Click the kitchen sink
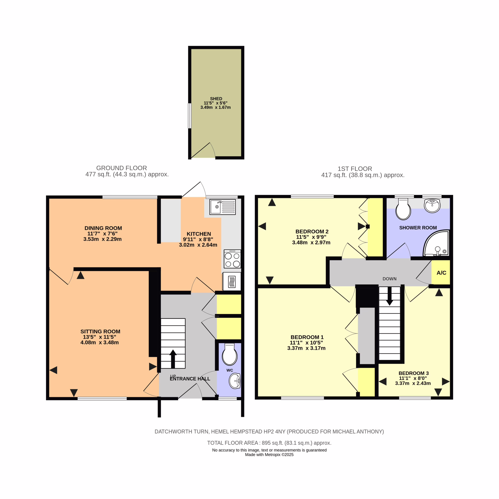223,207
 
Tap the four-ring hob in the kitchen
232,259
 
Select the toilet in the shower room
403,209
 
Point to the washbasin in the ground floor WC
235,381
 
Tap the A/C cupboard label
441,273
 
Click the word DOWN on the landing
390,279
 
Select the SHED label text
216,99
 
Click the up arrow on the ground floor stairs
173,359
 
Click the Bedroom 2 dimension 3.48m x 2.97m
311,242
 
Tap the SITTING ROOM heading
100,331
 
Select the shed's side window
190,116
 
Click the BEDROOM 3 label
414,373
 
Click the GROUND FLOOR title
122,168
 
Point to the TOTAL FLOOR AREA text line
269,443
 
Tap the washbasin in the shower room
432,206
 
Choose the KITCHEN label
199,234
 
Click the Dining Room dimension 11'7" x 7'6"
102,234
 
